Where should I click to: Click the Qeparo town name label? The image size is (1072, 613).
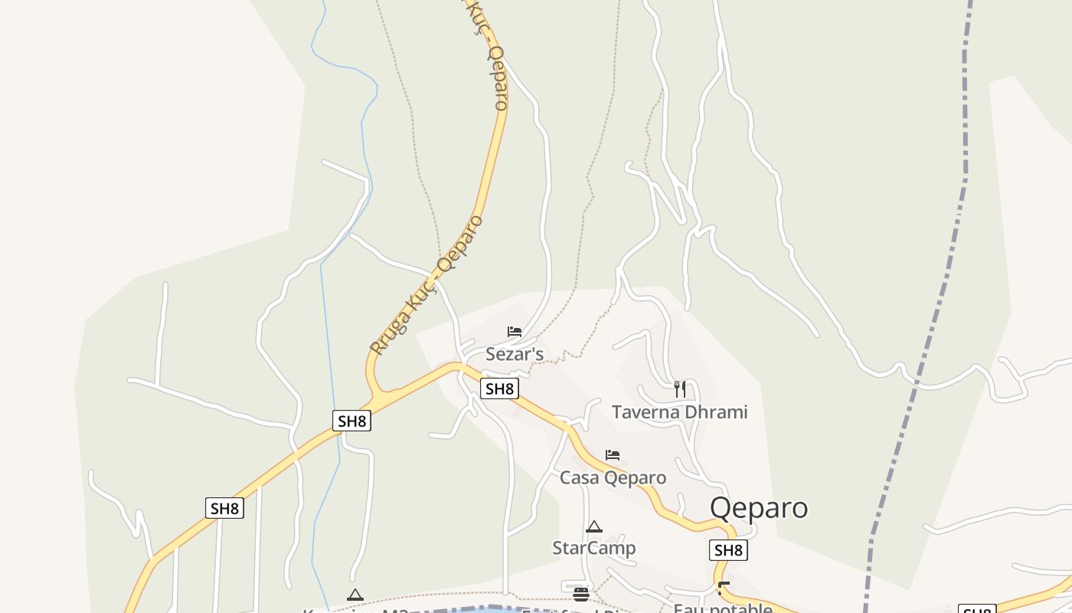click(x=758, y=508)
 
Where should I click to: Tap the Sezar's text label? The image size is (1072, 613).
click(x=515, y=354)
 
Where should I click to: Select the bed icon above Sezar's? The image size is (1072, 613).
click(x=515, y=332)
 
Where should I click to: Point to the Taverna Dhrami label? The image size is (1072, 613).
click(x=679, y=412)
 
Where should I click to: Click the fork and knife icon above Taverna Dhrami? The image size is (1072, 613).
click(x=679, y=388)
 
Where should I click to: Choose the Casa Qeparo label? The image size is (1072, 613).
click(x=613, y=478)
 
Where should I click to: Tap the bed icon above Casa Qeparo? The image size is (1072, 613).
click(x=613, y=455)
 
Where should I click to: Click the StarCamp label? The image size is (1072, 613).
click(x=594, y=549)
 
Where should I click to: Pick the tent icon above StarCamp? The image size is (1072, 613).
click(x=594, y=527)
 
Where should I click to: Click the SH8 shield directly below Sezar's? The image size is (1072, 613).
click(x=500, y=388)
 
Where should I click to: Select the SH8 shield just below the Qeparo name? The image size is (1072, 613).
click(x=728, y=550)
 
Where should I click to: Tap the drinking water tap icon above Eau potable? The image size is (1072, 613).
click(x=724, y=589)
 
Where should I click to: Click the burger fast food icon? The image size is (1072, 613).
click(x=581, y=595)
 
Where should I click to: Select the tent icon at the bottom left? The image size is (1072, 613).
click(x=355, y=595)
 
